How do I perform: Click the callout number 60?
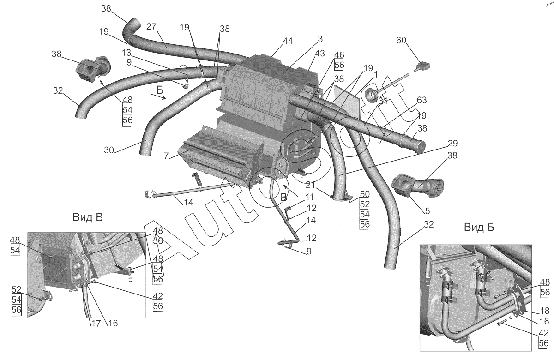click(x=401, y=40)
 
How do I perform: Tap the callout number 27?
click(x=151, y=26)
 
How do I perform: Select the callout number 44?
click(x=288, y=41)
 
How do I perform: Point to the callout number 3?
click(x=320, y=39)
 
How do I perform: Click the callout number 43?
click(x=319, y=53)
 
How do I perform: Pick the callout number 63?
click(x=422, y=100)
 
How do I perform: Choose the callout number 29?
click(x=452, y=143)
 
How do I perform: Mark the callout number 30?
click(x=109, y=150)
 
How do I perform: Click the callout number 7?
click(x=166, y=156)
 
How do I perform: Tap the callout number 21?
click(x=310, y=185)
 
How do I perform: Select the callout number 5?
click(x=428, y=211)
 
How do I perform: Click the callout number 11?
click(x=310, y=197)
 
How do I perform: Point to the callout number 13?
click(x=126, y=53)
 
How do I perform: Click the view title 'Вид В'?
click(x=88, y=217)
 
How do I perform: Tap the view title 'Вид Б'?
click(x=479, y=227)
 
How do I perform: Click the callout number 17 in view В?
click(x=96, y=323)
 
